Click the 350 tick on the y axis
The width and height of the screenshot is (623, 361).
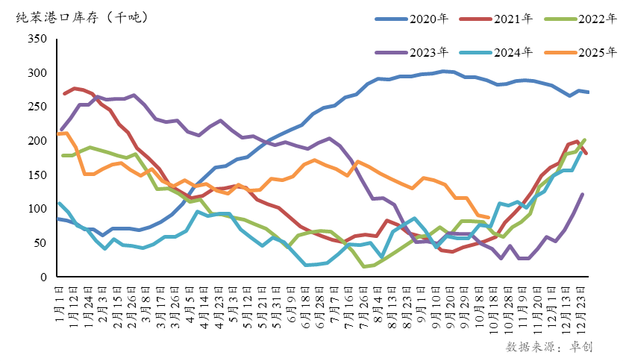(x=37, y=40)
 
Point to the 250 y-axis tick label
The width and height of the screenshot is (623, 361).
(x=37, y=107)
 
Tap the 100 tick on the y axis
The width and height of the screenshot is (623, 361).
(x=37, y=209)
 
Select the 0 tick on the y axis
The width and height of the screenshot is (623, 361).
(x=44, y=277)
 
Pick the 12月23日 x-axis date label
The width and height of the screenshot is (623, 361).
(x=581, y=303)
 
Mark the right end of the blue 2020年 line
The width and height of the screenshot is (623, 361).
(x=588, y=92)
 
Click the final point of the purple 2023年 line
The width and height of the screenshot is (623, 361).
(x=582, y=195)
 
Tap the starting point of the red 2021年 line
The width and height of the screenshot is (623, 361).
(x=64, y=93)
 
